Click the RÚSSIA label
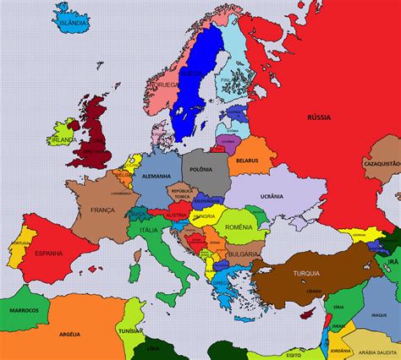(x=318, y=117)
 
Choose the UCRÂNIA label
(x=272, y=195)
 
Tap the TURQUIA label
(x=305, y=273)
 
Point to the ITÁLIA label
(x=148, y=231)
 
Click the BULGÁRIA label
(x=244, y=253)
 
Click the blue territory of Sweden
(x=188, y=93)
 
